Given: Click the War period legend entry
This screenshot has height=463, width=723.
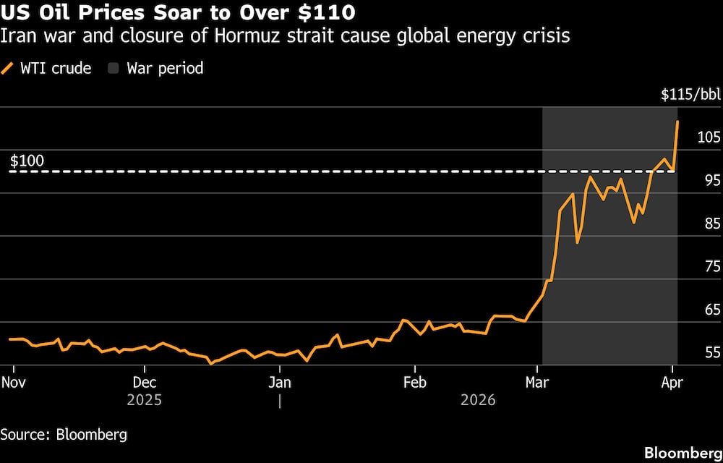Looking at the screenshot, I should (x=155, y=69).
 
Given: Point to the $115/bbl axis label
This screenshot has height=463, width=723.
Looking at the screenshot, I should (x=690, y=94).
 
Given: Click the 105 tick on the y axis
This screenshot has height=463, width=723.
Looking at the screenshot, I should (x=709, y=137).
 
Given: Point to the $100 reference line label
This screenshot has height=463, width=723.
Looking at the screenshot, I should (x=27, y=161).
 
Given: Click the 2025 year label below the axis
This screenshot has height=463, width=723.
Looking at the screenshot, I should (x=145, y=399).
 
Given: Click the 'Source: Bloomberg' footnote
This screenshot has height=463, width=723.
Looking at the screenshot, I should (x=64, y=435).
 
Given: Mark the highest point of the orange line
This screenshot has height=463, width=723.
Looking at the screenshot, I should (x=677, y=122).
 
